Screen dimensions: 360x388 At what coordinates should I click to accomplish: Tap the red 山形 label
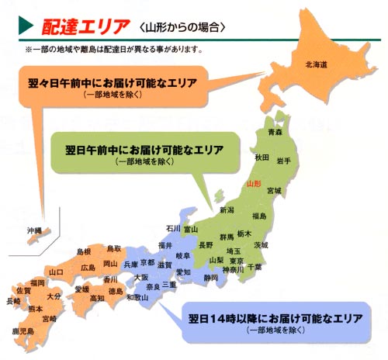252,185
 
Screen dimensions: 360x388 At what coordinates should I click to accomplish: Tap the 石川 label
173,228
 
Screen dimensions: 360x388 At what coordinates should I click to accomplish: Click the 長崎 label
12,300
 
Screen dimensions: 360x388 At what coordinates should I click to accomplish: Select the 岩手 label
282,160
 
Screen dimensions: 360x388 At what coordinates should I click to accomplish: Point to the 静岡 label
211,277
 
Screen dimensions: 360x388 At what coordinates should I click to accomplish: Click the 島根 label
84,252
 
